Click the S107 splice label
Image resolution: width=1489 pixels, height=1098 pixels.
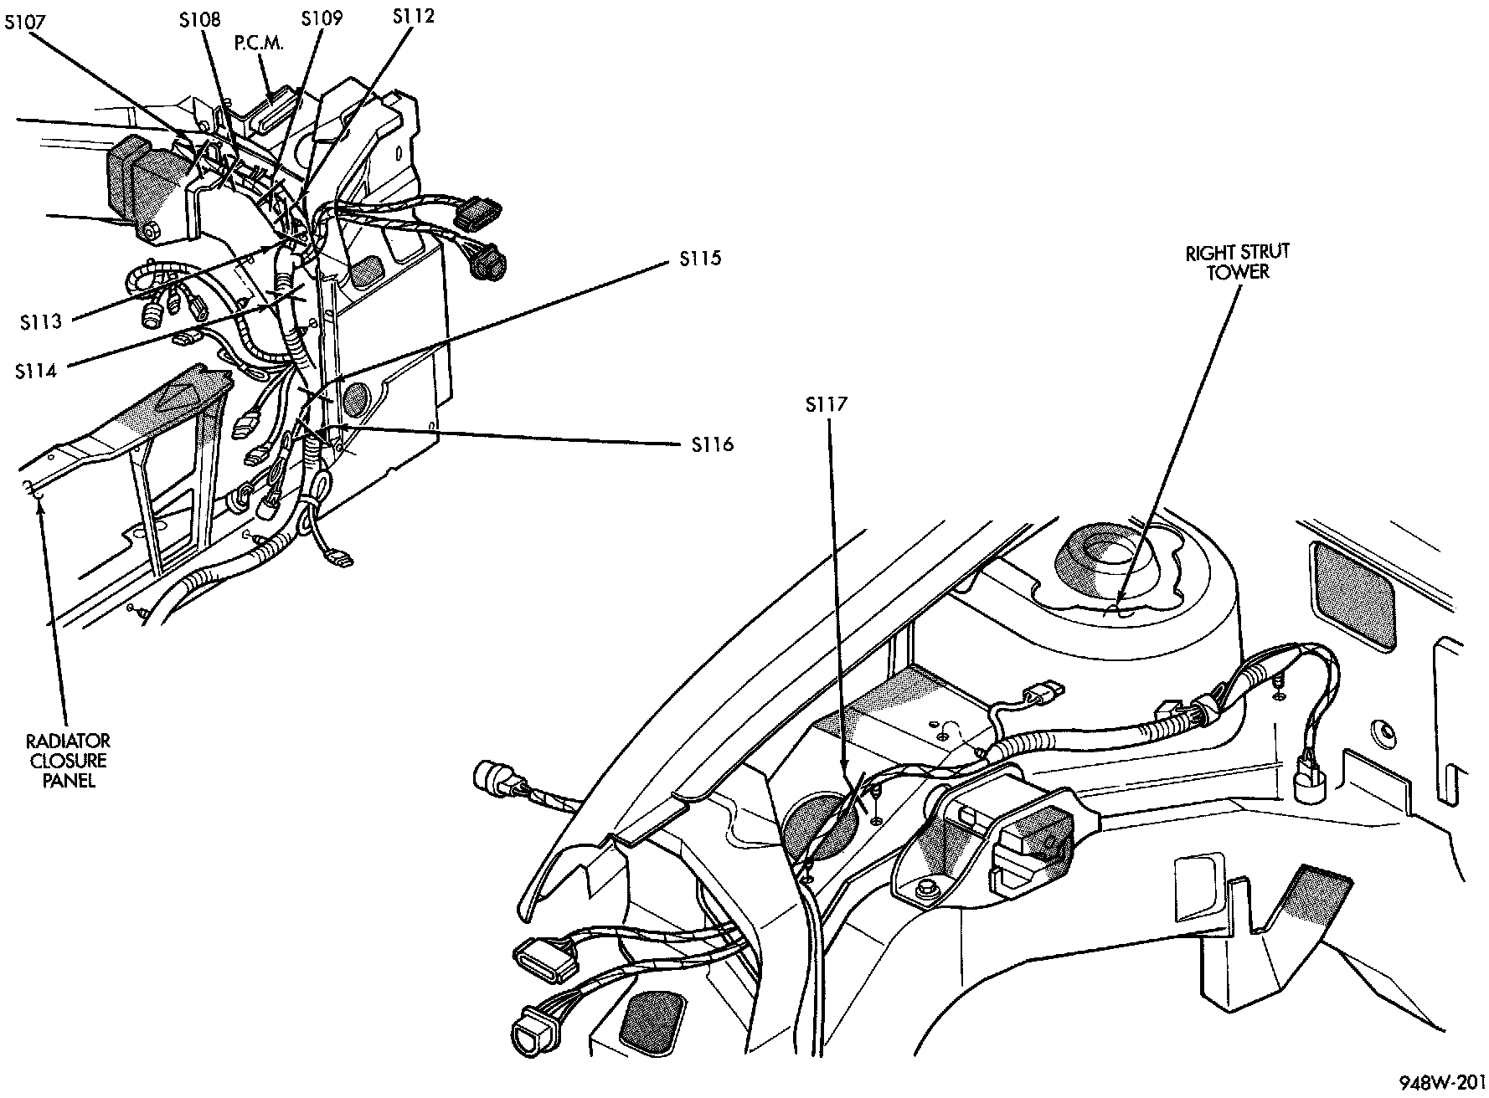click(x=25, y=23)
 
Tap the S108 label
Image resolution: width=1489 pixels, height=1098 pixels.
click(x=200, y=19)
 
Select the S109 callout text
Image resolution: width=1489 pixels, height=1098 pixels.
click(x=322, y=18)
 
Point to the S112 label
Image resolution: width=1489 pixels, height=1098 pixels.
click(x=415, y=15)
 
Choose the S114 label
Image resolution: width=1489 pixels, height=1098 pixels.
click(x=36, y=372)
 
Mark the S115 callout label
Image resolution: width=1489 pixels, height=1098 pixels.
click(x=699, y=259)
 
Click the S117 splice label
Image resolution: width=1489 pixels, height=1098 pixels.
click(x=827, y=405)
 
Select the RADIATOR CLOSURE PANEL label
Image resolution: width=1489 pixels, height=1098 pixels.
click(x=66, y=761)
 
